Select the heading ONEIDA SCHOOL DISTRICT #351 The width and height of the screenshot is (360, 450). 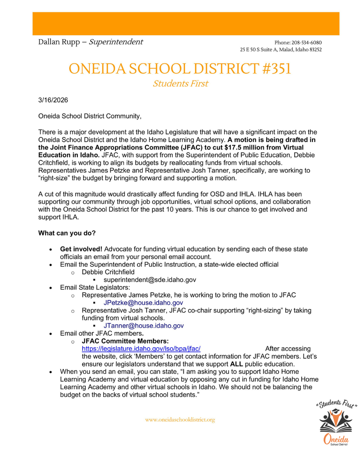(x=180, y=69)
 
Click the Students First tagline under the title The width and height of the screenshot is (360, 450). (x=180, y=83)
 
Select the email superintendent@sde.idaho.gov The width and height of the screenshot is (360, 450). (x=149, y=280)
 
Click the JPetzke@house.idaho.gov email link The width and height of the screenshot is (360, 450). (x=143, y=303)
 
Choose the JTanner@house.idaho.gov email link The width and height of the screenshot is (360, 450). (x=143, y=326)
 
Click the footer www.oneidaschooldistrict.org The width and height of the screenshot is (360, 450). (x=180, y=420)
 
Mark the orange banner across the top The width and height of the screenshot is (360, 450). (x=180, y=23)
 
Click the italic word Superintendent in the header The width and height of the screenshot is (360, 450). (x=116, y=42)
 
